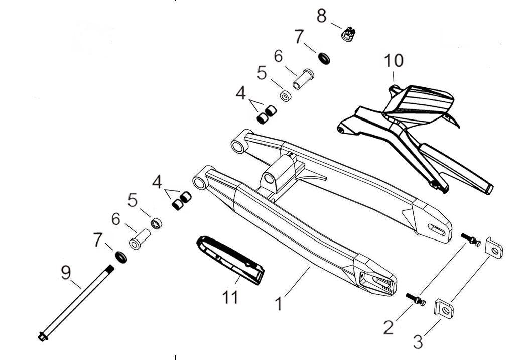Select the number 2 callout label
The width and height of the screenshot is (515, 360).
(x=389, y=327)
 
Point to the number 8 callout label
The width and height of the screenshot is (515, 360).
(x=322, y=16)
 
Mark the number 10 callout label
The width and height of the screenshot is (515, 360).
(x=394, y=61)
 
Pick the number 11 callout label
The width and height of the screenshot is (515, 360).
(x=230, y=298)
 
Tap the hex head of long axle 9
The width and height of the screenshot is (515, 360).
(x=42, y=337)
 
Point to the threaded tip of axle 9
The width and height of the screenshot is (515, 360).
(x=110, y=269)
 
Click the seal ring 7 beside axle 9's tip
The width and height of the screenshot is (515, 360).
(x=121, y=257)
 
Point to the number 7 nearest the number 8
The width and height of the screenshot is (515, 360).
(x=299, y=37)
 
